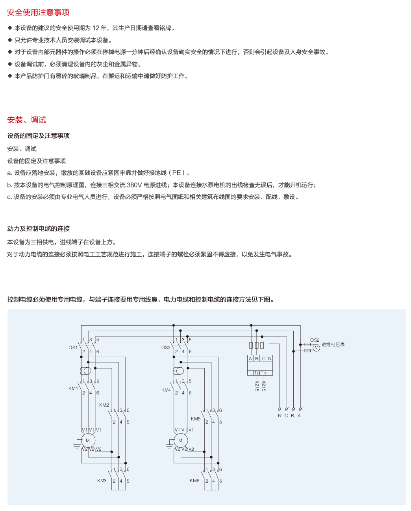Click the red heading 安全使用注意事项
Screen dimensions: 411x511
pos(38,12)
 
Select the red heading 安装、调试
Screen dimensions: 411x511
pos(27,120)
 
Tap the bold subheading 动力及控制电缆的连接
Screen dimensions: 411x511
pos(39,229)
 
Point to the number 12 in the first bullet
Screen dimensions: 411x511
pos(96,28)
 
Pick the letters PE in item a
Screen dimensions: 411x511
pos(176,173)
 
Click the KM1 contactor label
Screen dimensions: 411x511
pos(73,389)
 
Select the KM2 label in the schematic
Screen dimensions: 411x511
pos(104,405)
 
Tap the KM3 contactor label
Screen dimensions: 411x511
pos(102,481)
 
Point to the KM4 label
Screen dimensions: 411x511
pos(166,390)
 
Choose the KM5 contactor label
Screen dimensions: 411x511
pos(196,419)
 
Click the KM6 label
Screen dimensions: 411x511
pos(194,481)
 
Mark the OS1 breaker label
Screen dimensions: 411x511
pos(73,348)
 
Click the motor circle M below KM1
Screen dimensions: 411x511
pos(88,441)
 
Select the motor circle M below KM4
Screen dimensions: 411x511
pos(181,441)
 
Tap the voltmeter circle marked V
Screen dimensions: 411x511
pos(316,348)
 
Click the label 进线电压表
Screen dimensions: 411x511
pos(333,344)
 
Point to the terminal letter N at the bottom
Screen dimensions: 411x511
pos(280,416)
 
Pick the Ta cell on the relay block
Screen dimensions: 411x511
pos(257,373)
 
